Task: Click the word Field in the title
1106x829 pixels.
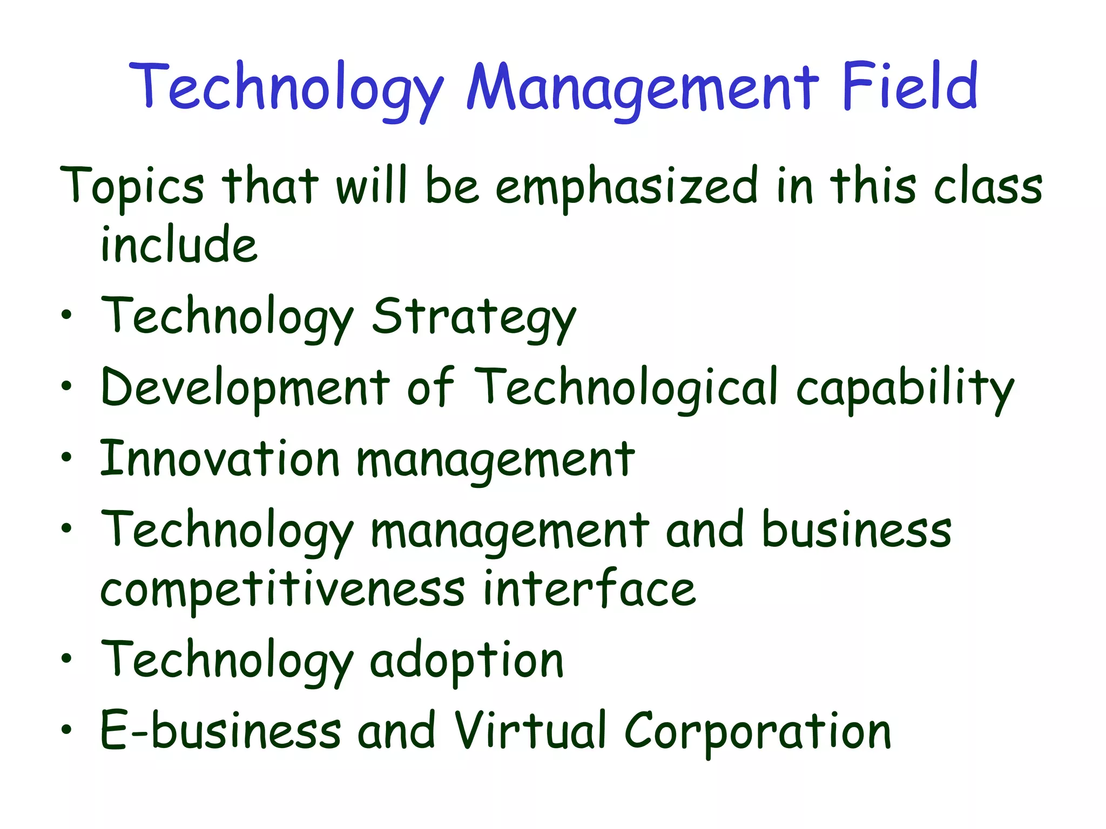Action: click(909, 86)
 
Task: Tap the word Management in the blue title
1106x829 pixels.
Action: click(643, 89)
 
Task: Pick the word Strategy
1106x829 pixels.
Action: click(474, 318)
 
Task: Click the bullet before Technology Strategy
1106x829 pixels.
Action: click(66, 315)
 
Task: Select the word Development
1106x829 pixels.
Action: click(245, 389)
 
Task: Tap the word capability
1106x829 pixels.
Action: click(905, 389)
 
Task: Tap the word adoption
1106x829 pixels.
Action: click(467, 662)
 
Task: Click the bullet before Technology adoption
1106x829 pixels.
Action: click(66, 658)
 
